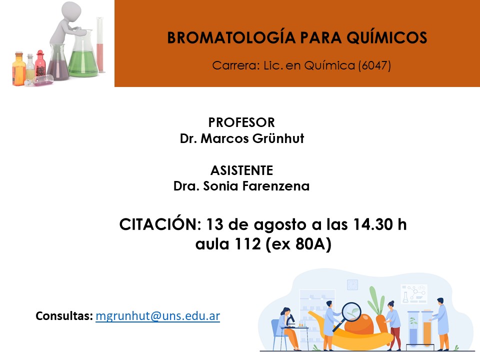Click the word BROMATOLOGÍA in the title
point(231,37)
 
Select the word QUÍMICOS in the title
point(386,38)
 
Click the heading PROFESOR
point(241,122)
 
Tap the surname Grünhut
point(278,138)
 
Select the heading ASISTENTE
point(241,170)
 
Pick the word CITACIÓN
point(160,224)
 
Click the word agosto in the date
point(280,226)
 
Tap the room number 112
point(247,244)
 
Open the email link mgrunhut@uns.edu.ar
point(158,316)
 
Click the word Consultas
point(64,315)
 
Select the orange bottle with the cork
point(18,68)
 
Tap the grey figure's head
point(71,12)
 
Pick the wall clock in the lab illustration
point(352,284)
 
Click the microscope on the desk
point(290,320)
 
